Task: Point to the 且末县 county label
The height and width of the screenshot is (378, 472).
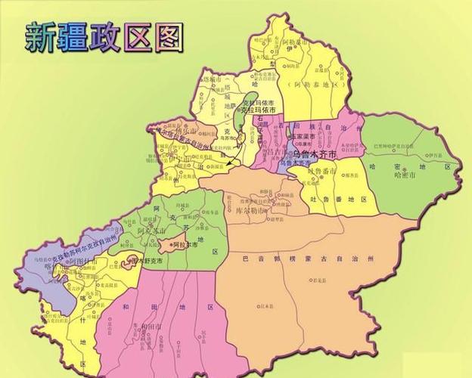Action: (265, 305)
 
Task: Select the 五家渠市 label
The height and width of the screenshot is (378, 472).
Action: (303, 137)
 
